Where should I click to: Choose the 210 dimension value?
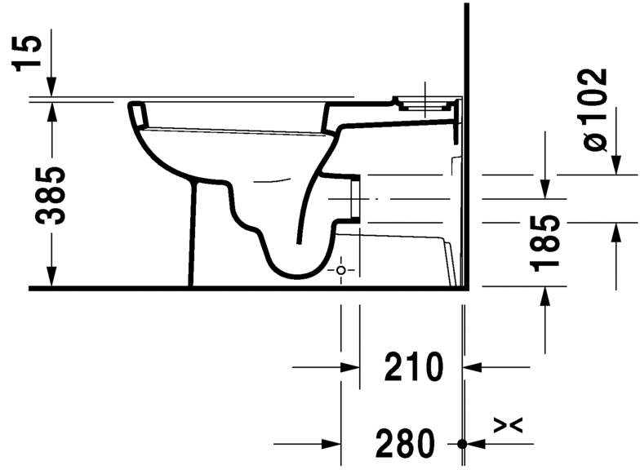pos(413,367)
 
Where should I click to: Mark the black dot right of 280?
pos(463,444)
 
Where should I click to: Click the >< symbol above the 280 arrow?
pos(508,424)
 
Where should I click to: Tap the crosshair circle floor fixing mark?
pos(342,269)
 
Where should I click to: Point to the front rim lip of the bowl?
pos(139,113)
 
